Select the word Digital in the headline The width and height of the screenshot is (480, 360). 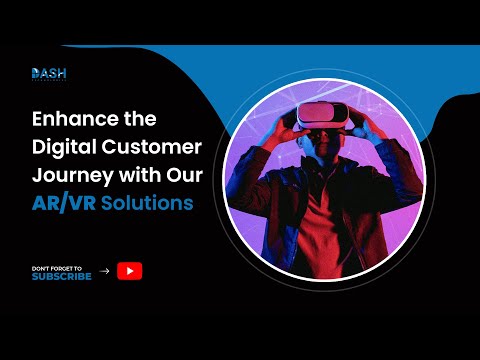64,148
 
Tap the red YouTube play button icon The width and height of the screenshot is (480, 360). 129,269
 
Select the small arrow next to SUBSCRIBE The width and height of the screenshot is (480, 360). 105,270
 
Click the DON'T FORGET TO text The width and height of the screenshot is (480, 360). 58,266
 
